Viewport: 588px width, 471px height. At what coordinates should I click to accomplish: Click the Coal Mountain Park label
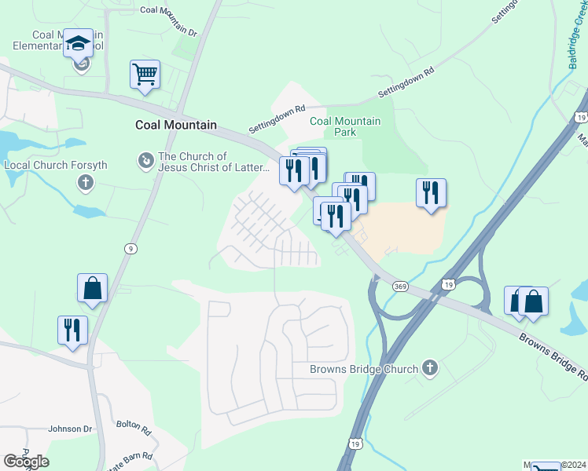point(345,126)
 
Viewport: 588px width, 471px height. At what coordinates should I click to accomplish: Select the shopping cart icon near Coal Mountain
point(145,75)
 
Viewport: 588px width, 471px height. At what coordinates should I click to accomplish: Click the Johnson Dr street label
point(70,429)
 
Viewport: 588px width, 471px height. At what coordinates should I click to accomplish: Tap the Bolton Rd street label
point(134,427)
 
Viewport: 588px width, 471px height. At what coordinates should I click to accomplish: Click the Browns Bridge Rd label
point(551,354)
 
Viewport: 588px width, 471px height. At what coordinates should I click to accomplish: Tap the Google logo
point(25,462)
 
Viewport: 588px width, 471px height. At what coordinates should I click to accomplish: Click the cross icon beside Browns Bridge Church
point(429,367)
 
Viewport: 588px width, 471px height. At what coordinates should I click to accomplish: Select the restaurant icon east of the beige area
point(431,193)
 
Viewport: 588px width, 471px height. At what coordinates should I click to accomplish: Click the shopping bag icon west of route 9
point(93,288)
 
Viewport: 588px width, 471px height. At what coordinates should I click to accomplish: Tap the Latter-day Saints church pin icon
point(145,162)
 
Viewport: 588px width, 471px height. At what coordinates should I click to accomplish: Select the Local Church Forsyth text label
point(56,166)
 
